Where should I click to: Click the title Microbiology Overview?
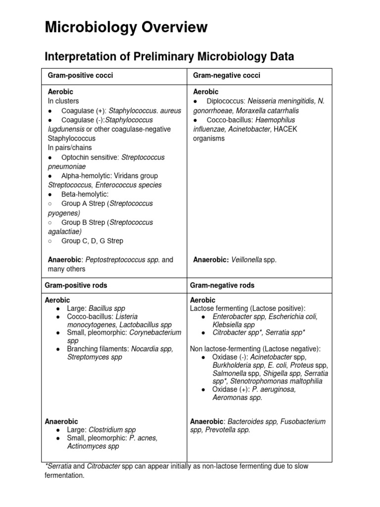click(x=126, y=27)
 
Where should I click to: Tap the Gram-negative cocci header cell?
click(x=226, y=75)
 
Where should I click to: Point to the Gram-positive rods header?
click(x=76, y=286)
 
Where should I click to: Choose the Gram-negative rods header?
click(x=222, y=286)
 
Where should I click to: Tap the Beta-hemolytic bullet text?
click(x=85, y=195)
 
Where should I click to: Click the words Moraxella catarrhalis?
click(x=271, y=111)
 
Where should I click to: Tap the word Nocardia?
click(x=141, y=349)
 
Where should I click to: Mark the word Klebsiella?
click(x=227, y=325)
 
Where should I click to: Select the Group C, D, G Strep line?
click(x=93, y=241)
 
